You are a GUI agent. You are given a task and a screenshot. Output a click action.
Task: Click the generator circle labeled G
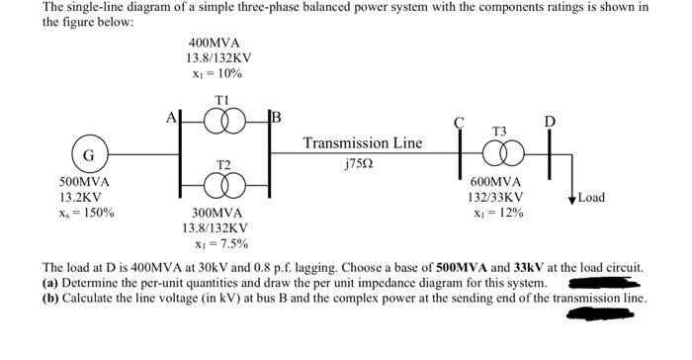tap(89, 156)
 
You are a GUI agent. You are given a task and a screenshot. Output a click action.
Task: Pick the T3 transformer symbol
tap(499, 156)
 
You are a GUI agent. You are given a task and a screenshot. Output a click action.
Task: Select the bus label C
tap(459, 124)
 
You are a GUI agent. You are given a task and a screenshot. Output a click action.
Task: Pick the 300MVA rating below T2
tap(216, 213)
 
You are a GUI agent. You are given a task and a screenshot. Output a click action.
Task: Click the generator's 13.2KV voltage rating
tap(81, 197)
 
